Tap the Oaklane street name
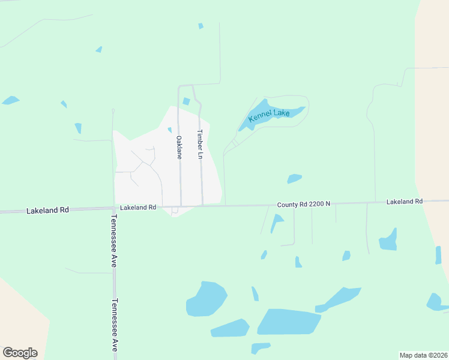[179, 147]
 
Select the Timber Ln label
[201, 145]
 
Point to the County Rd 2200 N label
[304, 205]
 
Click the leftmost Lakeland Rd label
[47, 211]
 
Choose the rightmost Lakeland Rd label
[405, 202]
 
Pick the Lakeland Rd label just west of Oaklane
[138, 208]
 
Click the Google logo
[20, 353]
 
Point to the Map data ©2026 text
[423, 355]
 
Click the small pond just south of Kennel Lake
[294, 178]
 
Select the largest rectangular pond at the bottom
[289, 322]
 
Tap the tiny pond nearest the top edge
[200, 26]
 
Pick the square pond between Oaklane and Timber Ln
[186, 101]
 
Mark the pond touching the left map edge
[10, 100]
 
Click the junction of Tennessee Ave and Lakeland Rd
[114, 209]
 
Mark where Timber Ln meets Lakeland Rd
[202, 205]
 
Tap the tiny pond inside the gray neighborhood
[170, 130]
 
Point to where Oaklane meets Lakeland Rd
[181, 206]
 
